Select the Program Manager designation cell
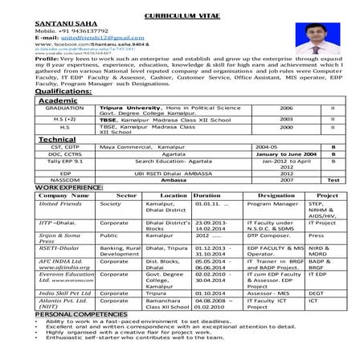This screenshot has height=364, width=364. pyautogui.click(x=273, y=204)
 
